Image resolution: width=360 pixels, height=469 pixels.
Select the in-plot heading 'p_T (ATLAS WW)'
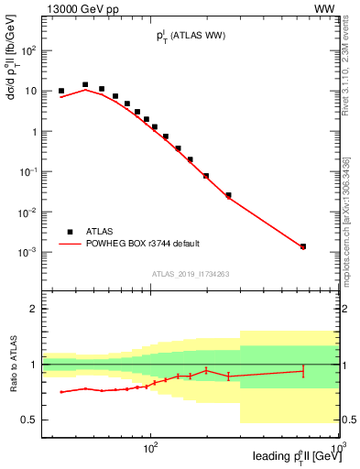[x=190, y=36]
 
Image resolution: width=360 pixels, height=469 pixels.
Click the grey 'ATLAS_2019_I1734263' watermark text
[x=190, y=273]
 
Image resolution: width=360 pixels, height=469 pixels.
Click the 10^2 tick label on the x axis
[x=151, y=446]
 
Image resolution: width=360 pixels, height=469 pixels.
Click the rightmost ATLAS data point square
[x=303, y=246]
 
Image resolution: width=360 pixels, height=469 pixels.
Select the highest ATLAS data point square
[x=85, y=84]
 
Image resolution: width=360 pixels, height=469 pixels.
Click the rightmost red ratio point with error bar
[x=303, y=371]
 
